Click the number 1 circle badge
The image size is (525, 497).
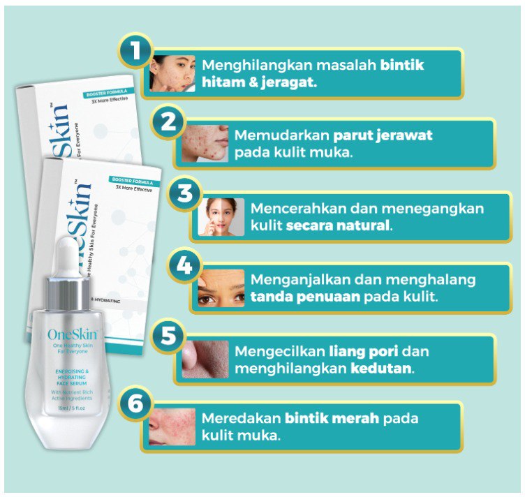[x=134, y=50]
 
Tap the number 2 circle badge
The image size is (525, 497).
[x=168, y=121]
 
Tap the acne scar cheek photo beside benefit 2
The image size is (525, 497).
[x=205, y=144]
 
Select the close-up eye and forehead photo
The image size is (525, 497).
[x=221, y=288]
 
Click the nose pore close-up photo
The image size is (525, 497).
[x=205, y=358]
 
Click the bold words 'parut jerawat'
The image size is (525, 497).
[x=383, y=135]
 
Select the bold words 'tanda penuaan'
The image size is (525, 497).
[x=302, y=297]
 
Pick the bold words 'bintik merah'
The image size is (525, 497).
[x=332, y=419]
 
